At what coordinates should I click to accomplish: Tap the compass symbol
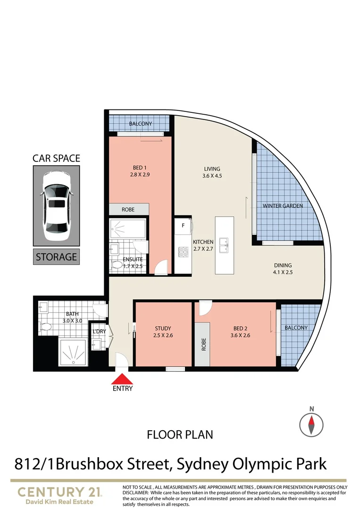pos(311,423)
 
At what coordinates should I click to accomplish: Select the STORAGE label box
pos(56,257)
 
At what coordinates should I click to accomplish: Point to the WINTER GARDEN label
pos(283,206)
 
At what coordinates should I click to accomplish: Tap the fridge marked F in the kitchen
pos(184,226)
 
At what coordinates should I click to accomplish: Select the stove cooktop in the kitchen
pos(183,252)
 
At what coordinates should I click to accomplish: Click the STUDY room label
pos(163,331)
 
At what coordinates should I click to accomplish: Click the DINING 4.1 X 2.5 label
pos(283,268)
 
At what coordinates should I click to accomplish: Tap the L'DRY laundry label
pos(99,331)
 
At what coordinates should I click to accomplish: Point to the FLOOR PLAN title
pos(180,434)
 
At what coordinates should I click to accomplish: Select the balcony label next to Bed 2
pos(296,328)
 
